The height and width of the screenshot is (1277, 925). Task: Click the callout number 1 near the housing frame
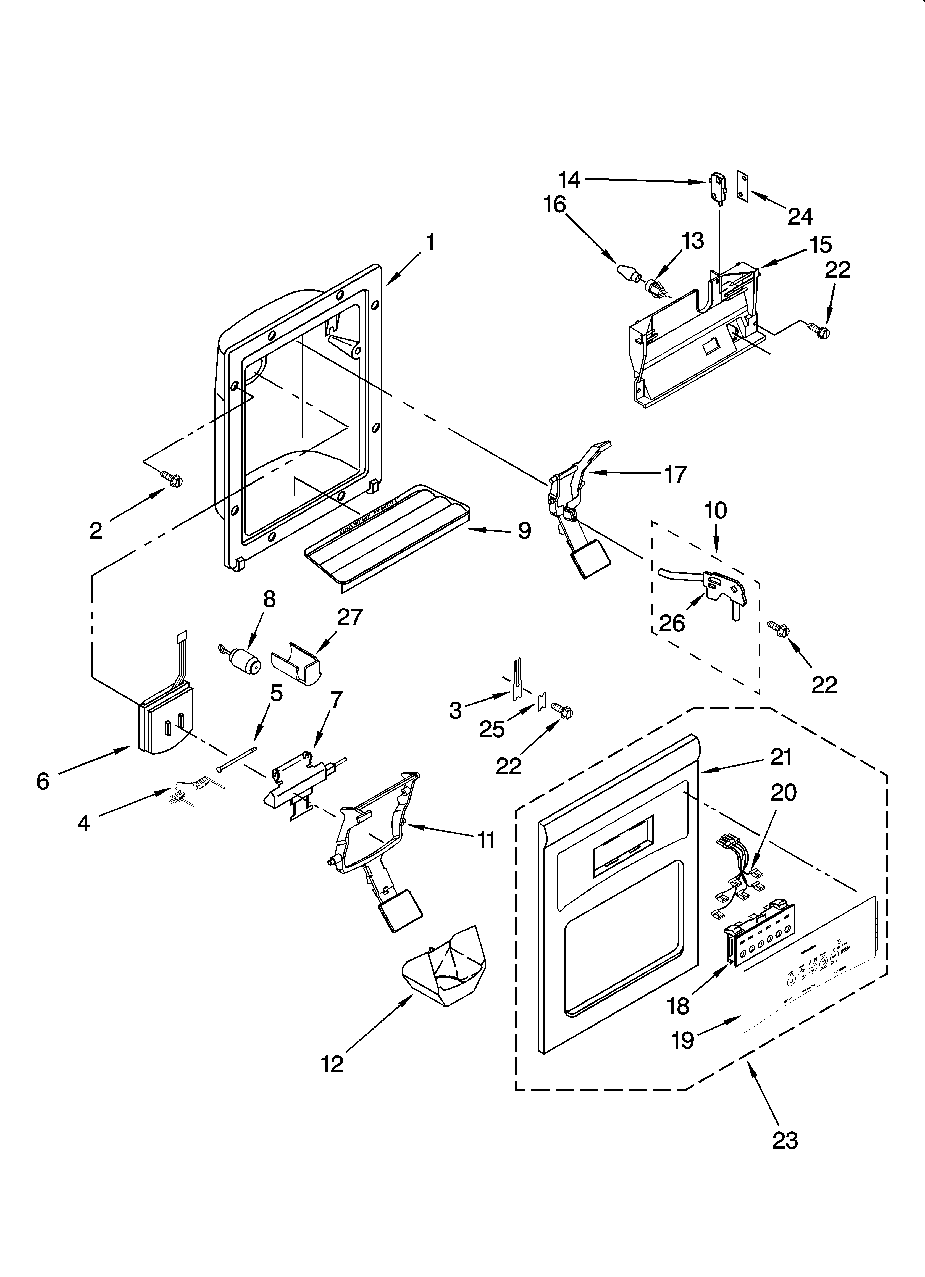[x=430, y=243]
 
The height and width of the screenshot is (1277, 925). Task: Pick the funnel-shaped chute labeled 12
[x=445, y=967]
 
